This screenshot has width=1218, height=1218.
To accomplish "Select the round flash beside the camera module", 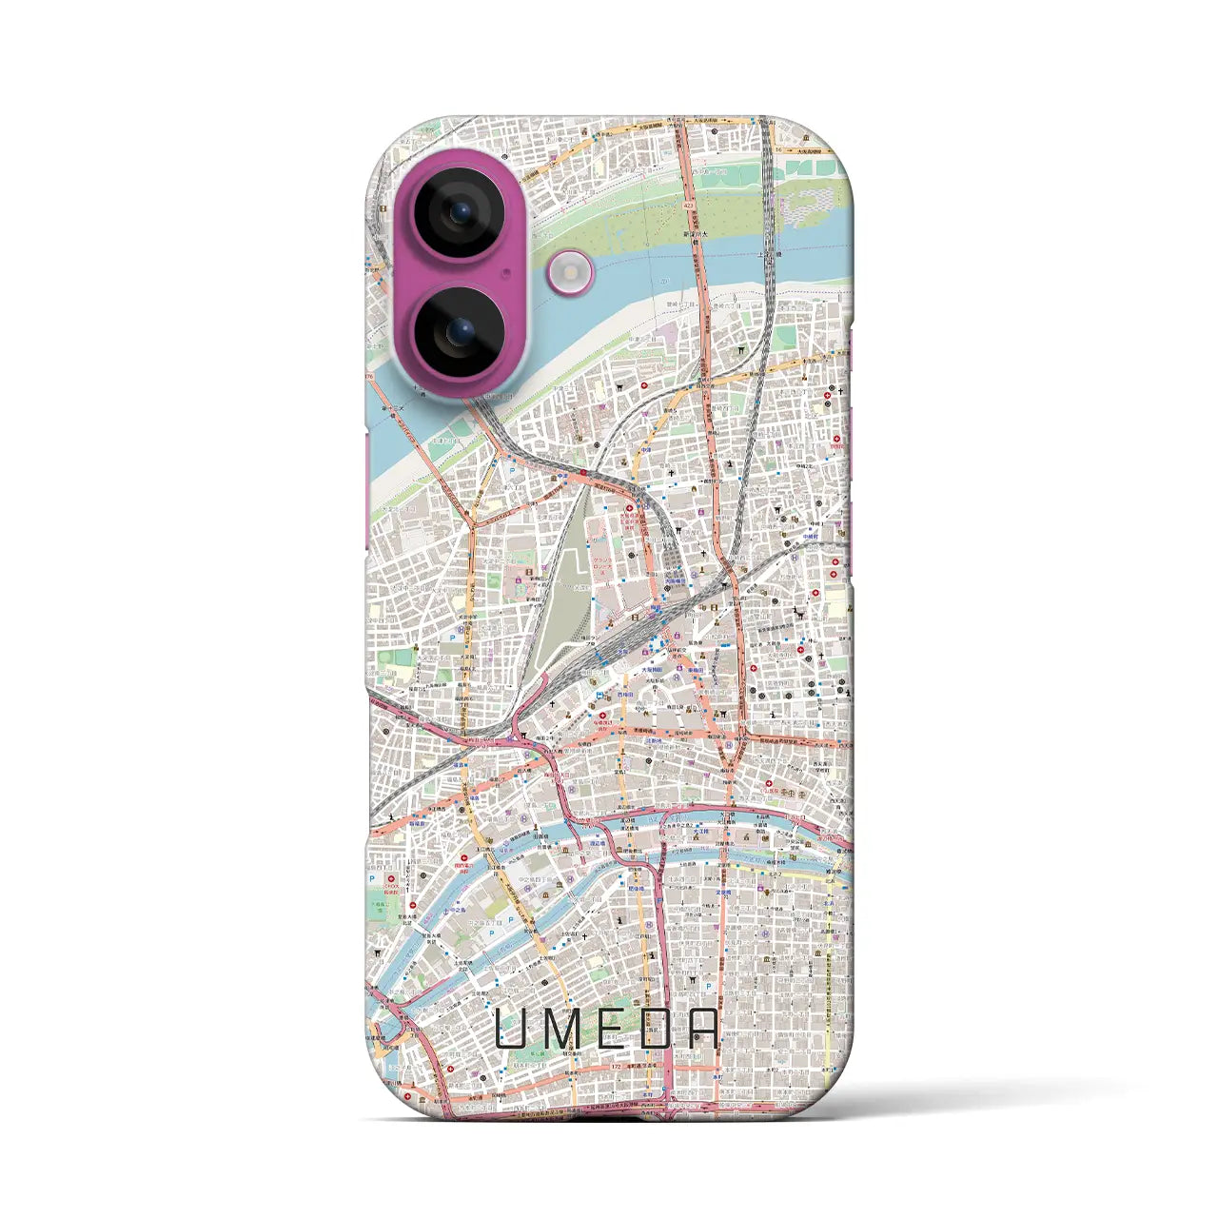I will tap(569, 273).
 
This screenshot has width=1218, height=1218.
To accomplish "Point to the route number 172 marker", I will tap(617, 1067).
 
